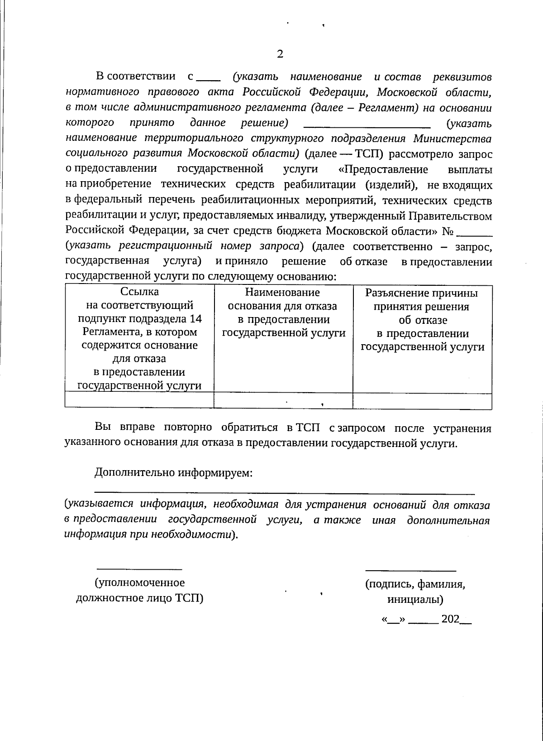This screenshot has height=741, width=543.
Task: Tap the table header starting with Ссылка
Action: tap(139, 338)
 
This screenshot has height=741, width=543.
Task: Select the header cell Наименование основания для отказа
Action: tap(283, 313)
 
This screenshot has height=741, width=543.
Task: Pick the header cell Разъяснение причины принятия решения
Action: tap(422, 320)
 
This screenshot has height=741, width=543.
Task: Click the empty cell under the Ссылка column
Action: tap(139, 401)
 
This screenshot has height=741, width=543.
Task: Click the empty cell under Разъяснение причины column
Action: tap(422, 401)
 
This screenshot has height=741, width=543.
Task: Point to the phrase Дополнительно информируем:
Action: tap(173, 473)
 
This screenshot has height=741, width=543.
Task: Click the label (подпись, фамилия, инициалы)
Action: tap(415, 592)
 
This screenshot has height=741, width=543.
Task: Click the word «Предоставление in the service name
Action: tap(383, 169)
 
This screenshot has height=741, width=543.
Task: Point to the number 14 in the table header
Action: tap(195, 318)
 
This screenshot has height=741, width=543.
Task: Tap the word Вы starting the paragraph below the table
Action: tap(102, 428)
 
